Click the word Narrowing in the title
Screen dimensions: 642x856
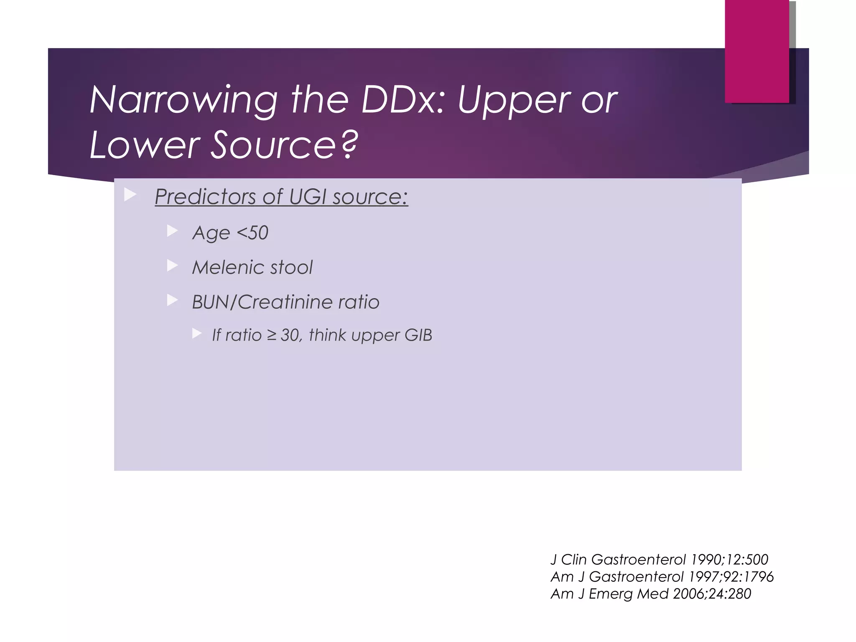tap(183, 100)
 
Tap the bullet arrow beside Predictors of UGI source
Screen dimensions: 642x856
tap(130, 194)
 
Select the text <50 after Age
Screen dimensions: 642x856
tap(252, 232)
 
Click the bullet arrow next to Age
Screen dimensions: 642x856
tap(172, 231)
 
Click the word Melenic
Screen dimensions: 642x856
tap(227, 267)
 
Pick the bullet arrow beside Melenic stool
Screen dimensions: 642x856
tap(172, 265)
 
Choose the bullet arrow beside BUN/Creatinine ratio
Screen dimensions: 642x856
tap(172, 300)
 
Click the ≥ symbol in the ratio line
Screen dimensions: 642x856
tap(272, 335)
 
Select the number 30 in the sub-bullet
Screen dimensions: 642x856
tap(289, 335)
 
